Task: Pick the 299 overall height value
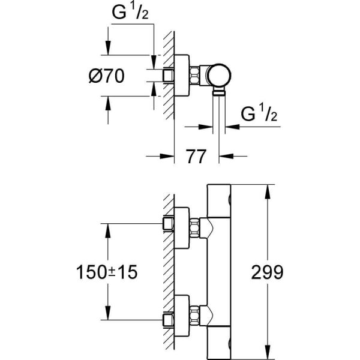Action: coord(267,272)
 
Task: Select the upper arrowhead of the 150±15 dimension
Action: coord(107,229)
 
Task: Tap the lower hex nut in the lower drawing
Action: coord(196,313)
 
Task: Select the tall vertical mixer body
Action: coord(219,270)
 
